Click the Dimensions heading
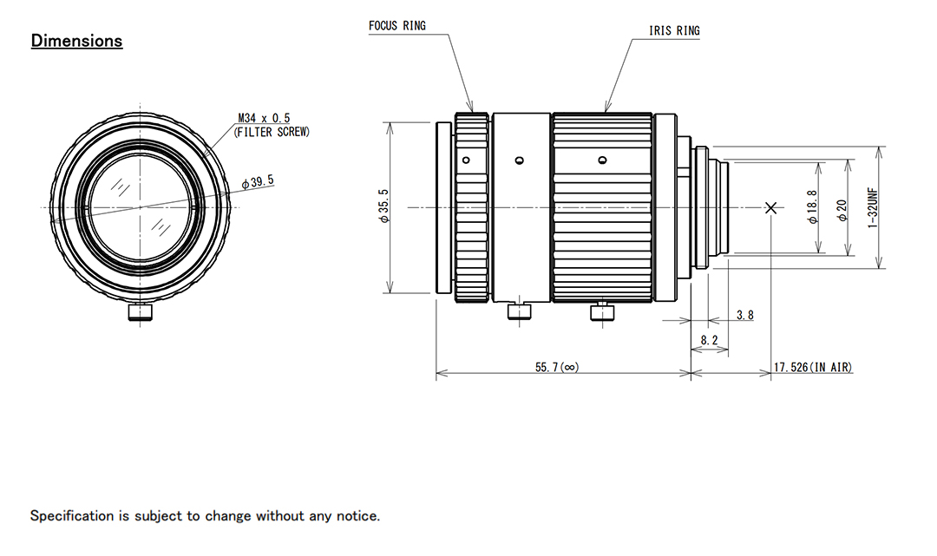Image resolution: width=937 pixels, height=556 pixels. pyautogui.click(x=76, y=41)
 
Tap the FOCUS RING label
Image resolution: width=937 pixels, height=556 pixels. pyautogui.click(x=396, y=26)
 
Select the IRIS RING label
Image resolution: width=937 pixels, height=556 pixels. pyautogui.click(x=674, y=31)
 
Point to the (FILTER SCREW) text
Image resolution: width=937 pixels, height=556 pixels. pyautogui.click(x=272, y=132)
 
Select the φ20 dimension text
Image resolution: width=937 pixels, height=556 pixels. pyautogui.click(x=842, y=208)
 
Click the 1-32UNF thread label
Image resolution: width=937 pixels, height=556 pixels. pyautogui.click(x=873, y=208)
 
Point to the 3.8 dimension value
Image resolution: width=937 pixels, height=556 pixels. pyautogui.click(x=744, y=315)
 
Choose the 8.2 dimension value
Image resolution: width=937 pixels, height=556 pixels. pyautogui.click(x=710, y=341)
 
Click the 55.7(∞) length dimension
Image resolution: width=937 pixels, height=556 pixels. pyautogui.click(x=556, y=368)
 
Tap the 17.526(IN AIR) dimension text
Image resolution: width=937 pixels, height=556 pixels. pyautogui.click(x=812, y=368)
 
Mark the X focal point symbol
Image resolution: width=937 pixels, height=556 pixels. pyautogui.click(x=771, y=207)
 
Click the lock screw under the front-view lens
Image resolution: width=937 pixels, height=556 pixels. pyautogui.click(x=140, y=312)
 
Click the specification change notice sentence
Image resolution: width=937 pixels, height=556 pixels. pyautogui.click(x=205, y=516)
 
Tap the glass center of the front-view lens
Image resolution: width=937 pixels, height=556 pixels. pyautogui.click(x=140, y=207)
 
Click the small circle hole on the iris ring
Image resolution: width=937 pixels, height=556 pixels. pyautogui.click(x=602, y=160)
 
